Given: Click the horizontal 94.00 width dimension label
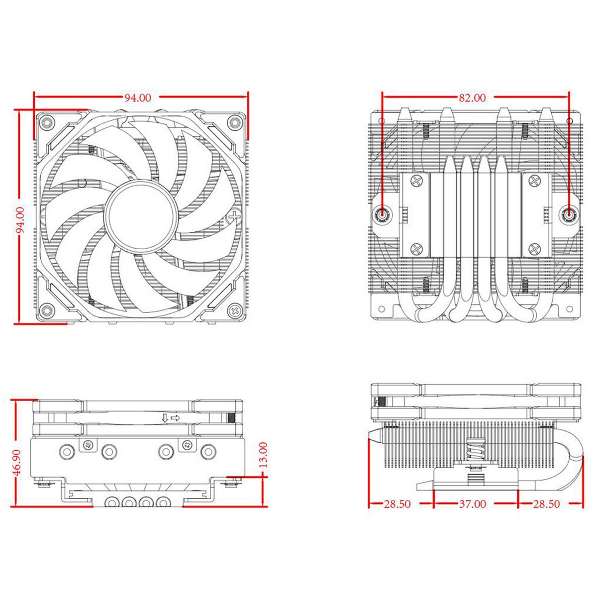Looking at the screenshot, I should (x=138, y=98).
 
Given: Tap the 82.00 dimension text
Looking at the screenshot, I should (x=472, y=98).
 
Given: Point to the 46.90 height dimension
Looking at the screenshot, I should (x=18, y=463).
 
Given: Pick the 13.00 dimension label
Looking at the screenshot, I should (x=263, y=454).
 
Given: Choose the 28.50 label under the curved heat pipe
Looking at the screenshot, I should (x=546, y=504).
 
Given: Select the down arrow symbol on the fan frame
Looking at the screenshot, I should (x=165, y=418).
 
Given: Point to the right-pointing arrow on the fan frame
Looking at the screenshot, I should (x=175, y=418).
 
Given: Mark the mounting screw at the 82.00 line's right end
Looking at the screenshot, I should (x=568, y=215).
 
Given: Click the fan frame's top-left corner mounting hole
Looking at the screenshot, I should (x=46, y=121).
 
